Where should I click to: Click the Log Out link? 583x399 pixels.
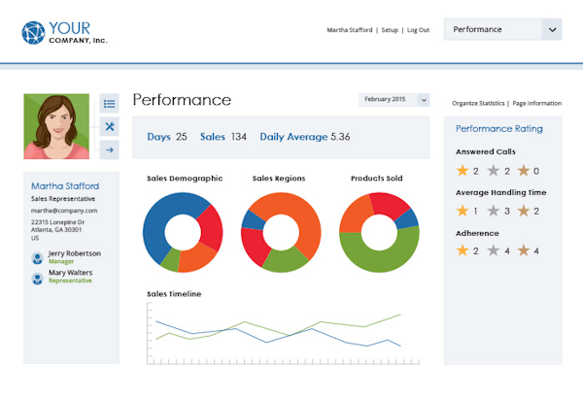pos(419,30)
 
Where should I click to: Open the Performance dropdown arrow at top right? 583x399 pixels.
pos(553,29)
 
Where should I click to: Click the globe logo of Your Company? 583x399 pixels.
pos(33,33)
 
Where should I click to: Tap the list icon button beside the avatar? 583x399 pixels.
pos(110,104)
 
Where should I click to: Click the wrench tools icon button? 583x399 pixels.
pos(110,126)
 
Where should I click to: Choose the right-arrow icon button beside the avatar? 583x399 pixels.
pos(110,150)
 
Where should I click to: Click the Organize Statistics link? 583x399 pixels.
pos(478,103)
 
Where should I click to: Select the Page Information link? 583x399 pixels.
pos(537,103)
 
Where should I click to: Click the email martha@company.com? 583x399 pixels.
pos(64,211)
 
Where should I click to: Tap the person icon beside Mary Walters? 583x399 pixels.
pos(37,277)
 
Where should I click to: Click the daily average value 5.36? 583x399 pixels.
pos(340,137)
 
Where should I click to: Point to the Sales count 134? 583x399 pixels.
pos(238,137)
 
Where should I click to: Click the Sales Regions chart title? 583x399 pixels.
pos(278,179)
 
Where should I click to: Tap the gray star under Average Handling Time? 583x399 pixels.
pos(497,211)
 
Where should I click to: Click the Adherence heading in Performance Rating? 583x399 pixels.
pos(477,233)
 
